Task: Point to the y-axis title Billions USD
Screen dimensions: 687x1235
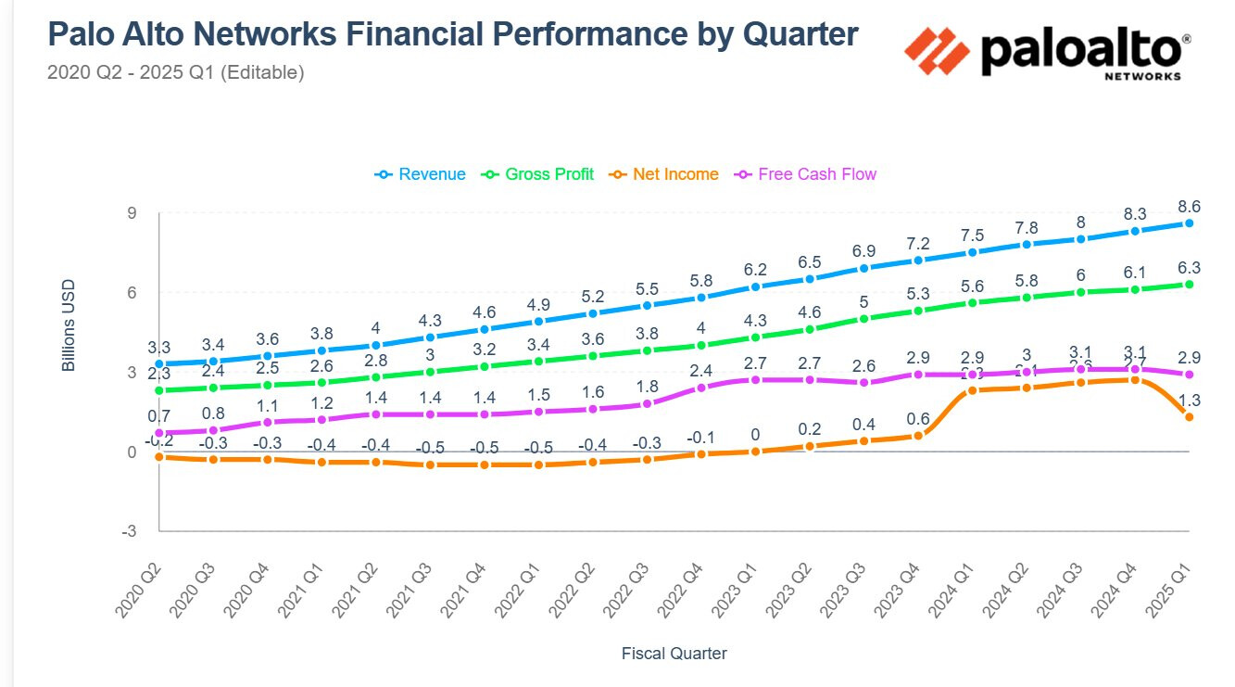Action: (x=69, y=325)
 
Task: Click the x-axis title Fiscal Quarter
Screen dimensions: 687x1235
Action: (x=674, y=654)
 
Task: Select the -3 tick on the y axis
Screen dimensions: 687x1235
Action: (x=129, y=531)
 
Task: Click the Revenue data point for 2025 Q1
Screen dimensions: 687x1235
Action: (x=1189, y=223)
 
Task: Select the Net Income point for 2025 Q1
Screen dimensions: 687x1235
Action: (x=1189, y=417)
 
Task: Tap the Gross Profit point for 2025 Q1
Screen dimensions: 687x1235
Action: (x=1189, y=285)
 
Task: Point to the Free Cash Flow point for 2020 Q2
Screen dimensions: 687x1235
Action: (x=159, y=433)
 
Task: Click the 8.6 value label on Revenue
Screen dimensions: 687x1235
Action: (x=1189, y=206)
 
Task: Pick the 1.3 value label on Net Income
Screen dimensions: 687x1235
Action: (x=1189, y=400)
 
